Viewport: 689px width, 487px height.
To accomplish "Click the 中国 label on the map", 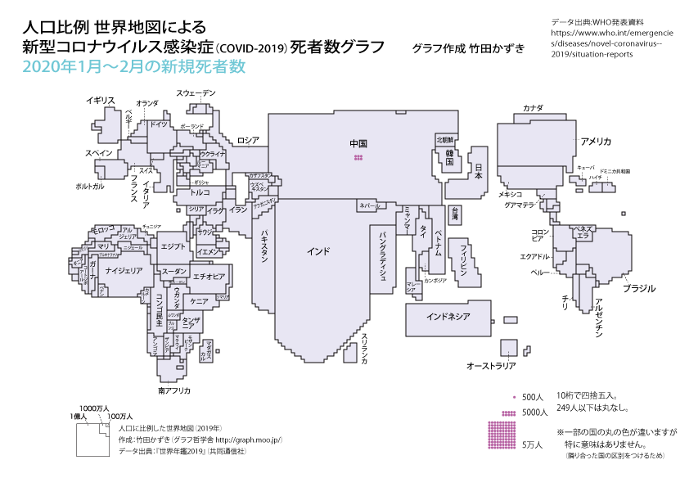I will click(358, 143).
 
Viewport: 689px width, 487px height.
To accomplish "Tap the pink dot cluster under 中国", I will click(358, 156).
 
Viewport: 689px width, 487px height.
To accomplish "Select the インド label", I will click(318, 250).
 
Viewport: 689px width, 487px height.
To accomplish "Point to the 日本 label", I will click(479, 172).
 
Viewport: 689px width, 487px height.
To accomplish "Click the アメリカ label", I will click(596, 141).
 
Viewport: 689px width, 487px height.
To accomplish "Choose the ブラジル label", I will click(639, 289).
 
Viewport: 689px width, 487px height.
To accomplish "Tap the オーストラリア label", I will click(491, 365).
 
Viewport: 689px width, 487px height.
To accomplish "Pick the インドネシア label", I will click(448, 315).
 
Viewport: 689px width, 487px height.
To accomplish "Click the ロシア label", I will click(248, 140).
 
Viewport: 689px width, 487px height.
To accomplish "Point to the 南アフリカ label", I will click(174, 390).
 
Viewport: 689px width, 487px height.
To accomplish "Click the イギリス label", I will click(101, 100).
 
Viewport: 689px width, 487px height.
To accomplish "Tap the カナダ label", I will click(533, 108).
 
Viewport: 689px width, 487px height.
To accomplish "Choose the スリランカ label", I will click(367, 349).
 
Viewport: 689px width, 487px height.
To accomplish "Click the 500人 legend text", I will click(533, 397).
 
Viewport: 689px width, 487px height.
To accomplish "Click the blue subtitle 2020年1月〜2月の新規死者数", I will click(134, 67).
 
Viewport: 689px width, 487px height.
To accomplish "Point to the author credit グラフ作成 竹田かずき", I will click(467, 48).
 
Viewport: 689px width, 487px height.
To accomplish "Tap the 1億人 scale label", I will click(78, 417).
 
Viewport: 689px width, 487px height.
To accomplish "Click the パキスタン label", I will click(264, 245).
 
